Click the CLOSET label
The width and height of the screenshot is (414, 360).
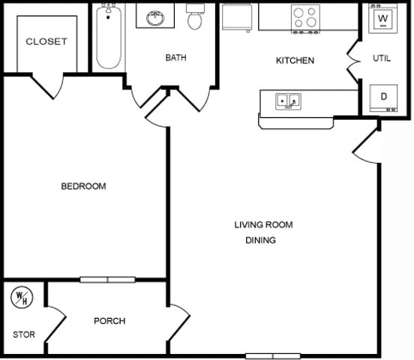(x=46, y=41)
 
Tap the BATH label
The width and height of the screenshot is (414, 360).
(x=175, y=58)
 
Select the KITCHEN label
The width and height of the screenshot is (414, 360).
(x=295, y=61)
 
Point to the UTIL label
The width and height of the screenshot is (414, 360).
(x=382, y=58)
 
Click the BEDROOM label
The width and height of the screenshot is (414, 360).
(x=83, y=186)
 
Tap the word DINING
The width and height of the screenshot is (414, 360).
(x=260, y=240)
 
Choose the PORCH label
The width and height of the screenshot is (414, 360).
(x=109, y=321)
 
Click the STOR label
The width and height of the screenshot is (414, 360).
(x=24, y=334)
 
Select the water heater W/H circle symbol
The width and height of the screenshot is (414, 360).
(x=22, y=298)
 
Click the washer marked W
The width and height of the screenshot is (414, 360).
(x=382, y=19)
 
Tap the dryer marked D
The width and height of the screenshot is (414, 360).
(x=383, y=98)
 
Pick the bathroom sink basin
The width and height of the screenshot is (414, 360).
(x=155, y=18)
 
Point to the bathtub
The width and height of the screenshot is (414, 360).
(x=109, y=36)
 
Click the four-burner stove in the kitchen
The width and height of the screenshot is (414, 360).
(x=305, y=19)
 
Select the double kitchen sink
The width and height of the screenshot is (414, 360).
(x=288, y=101)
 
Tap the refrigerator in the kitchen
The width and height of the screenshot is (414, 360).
(x=237, y=17)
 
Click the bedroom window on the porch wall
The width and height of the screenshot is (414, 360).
(x=107, y=280)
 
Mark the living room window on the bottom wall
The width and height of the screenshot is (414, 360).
(x=273, y=356)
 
